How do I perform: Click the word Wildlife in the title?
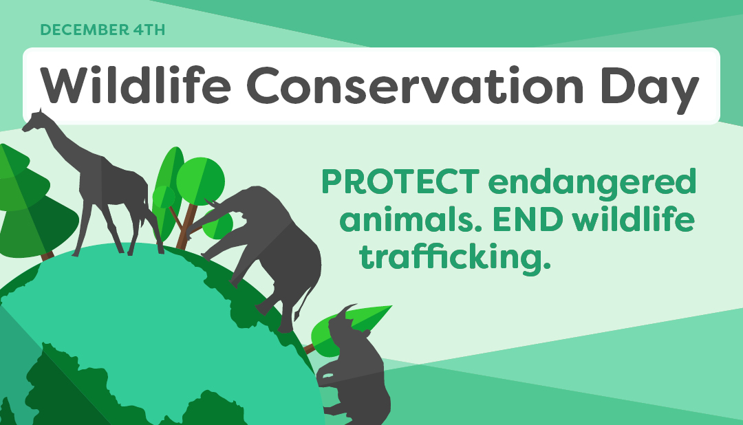(136, 85)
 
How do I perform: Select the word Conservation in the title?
(415, 86)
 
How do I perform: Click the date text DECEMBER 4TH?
(103, 30)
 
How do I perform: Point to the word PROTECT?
(400, 182)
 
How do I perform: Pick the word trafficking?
(455, 258)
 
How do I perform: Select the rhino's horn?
(347, 309)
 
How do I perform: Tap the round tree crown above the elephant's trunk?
(200, 181)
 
